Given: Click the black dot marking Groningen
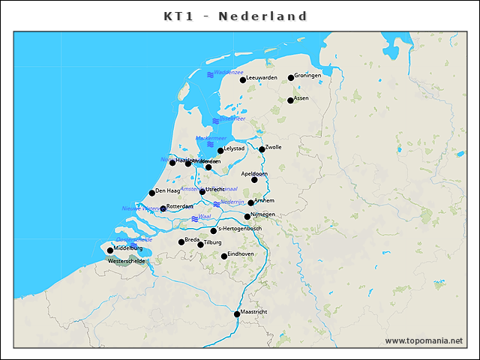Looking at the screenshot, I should coord(291,77).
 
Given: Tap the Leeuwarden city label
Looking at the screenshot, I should coord(262,78).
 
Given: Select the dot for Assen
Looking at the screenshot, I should coord(290,100).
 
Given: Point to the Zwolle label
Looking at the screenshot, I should coord(273,147).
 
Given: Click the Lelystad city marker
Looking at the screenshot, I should coord(220,151).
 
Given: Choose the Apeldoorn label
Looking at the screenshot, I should coord(254,173).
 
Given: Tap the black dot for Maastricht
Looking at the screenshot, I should coord(237,313).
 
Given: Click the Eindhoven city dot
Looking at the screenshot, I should coord(224,256).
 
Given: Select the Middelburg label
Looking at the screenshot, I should coord(128,247).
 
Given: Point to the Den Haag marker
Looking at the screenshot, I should coord(151,193).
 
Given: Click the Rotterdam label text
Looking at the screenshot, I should coord(180,205).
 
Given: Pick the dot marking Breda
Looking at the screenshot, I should coord(181,241).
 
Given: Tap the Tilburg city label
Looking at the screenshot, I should coord(214,243).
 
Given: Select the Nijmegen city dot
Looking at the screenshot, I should coord(247,216).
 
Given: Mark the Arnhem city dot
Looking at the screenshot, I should coord(251,202).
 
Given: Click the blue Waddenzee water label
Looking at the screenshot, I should coord(228,72).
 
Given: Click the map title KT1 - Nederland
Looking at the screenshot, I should coord(235,16).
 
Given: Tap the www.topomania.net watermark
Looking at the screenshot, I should coord(424,341).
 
